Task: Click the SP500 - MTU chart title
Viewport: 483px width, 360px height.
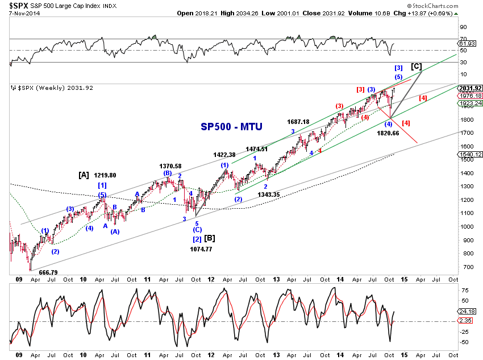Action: (231, 127)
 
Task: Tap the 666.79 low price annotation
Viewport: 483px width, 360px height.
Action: (48, 272)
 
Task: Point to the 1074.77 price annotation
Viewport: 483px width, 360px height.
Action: (201, 249)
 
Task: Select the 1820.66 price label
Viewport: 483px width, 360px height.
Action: (388, 133)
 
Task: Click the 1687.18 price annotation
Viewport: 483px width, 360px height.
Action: (298, 122)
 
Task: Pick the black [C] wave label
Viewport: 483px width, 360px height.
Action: (417, 67)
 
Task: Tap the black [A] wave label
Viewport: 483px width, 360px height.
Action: (84, 175)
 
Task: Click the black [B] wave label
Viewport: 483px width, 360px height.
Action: (210, 238)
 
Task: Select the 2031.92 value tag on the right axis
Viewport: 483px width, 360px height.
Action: (470, 88)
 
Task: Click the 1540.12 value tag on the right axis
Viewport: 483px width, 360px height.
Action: (470, 155)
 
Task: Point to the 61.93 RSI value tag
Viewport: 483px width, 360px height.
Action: (467, 44)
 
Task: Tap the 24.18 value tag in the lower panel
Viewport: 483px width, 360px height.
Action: (467, 311)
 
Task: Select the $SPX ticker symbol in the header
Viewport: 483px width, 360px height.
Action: (19, 6)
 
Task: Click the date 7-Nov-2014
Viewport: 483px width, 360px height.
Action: (24, 13)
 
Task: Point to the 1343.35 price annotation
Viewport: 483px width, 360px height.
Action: (269, 195)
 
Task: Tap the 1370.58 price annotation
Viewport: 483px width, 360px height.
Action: (170, 166)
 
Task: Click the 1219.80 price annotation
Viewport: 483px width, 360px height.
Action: (105, 175)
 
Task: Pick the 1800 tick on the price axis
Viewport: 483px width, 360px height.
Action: (467, 119)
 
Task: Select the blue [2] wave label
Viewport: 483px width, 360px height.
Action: (197, 239)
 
